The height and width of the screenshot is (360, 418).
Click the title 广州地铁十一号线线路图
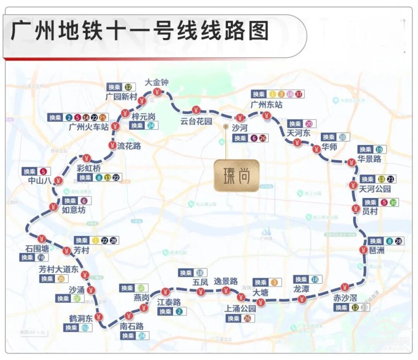coord(140,32)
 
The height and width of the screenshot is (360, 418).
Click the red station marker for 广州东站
coord(267,116)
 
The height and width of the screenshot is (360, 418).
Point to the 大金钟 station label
coord(157,82)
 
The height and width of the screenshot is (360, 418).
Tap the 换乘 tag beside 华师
coord(329,137)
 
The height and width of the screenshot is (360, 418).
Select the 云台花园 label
coord(196,121)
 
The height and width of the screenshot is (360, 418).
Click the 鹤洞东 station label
coord(80,318)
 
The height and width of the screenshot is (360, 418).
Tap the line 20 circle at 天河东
coord(309,124)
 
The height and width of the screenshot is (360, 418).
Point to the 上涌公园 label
coord(240,308)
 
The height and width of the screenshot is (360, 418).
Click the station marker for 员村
coord(355,209)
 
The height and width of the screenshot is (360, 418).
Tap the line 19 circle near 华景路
coord(379,149)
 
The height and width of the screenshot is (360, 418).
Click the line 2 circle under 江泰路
coord(179,311)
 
